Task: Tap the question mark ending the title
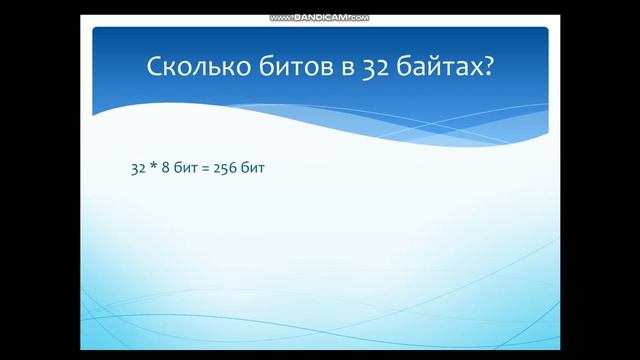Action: click(487, 68)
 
